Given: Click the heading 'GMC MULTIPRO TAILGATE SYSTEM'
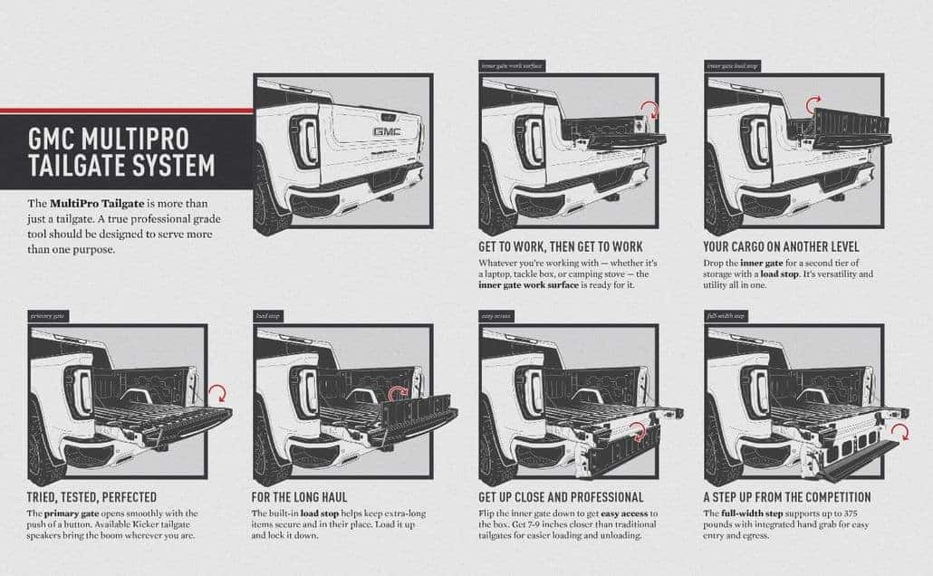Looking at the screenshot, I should (x=121, y=153).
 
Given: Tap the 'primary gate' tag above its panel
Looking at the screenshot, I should (x=47, y=316).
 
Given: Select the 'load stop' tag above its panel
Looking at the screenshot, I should (x=267, y=316).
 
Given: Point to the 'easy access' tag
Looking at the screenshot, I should (x=496, y=316).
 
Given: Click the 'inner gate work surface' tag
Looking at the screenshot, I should (x=511, y=66).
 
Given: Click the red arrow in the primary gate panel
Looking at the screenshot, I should (x=216, y=393).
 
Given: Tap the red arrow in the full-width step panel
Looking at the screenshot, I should (x=899, y=432).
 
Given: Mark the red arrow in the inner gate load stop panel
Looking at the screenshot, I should (x=813, y=102).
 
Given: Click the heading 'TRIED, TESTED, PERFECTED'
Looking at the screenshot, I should (x=93, y=497).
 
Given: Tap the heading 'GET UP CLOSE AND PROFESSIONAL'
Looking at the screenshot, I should (x=562, y=497).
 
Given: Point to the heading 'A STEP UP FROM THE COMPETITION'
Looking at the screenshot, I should (x=787, y=497).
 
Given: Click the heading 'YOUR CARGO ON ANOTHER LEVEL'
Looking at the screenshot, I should (x=781, y=246).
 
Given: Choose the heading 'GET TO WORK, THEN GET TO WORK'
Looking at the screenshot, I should (x=561, y=246).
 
